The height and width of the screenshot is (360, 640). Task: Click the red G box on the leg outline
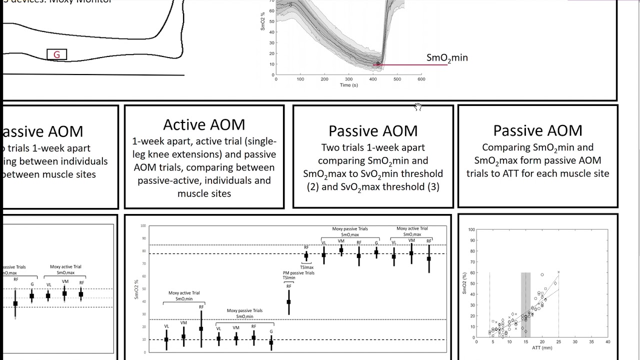56,54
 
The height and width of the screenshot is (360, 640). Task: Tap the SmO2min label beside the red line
447,58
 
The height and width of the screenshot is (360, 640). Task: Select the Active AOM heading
204,124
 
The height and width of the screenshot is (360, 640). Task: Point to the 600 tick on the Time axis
421,79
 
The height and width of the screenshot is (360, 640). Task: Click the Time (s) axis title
348,85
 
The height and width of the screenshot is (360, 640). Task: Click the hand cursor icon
417,106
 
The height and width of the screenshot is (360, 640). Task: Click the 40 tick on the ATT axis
607,342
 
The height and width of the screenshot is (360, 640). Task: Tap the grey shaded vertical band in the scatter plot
525,305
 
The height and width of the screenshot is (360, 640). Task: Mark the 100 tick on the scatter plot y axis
471,230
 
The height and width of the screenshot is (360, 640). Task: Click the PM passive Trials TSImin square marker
288,301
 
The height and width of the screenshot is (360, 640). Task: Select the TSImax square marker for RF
306,256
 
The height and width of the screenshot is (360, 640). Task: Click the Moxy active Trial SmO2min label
183,295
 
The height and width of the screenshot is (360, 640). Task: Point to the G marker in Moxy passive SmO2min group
271,342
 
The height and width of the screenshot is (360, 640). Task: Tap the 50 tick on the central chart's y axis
143,289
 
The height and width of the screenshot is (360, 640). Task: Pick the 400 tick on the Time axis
373,79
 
